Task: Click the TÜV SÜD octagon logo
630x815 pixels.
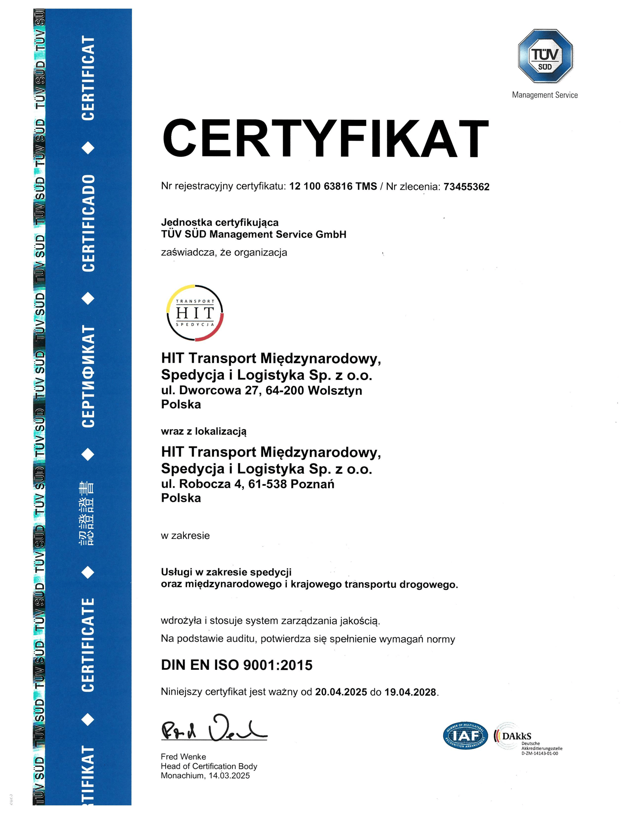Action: point(545,56)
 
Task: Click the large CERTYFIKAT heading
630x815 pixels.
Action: point(325,139)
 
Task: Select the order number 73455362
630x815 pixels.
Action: point(466,187)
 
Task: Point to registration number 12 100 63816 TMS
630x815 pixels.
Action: point(333,186)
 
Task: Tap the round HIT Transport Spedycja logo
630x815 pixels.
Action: point(195,313)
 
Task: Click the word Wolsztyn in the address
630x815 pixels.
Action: point(335,390)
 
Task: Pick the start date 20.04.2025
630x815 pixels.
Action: point(341,692)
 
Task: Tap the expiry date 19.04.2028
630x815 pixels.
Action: point(410,692)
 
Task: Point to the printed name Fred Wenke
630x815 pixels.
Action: point(183,756)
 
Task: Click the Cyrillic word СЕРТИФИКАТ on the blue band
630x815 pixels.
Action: point(88,376)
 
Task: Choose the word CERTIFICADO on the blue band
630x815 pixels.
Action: point(88,223)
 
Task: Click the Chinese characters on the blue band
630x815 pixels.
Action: point(87,513)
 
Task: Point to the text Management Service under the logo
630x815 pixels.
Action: point(544,95)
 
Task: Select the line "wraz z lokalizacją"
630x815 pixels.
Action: point(203,431)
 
